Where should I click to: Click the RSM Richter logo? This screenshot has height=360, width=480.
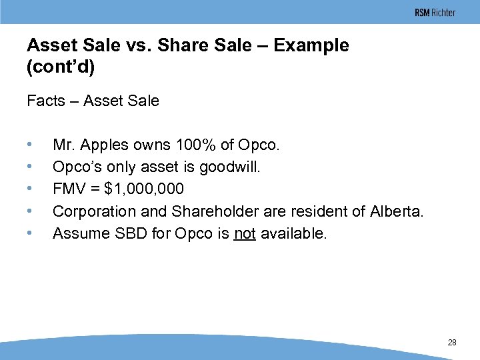tap(435, 13)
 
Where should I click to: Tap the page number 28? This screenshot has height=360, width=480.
tap(452, 343)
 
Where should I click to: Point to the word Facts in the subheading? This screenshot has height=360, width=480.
tap(46, 101)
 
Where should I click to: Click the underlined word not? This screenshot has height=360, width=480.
tap(245, 233)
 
